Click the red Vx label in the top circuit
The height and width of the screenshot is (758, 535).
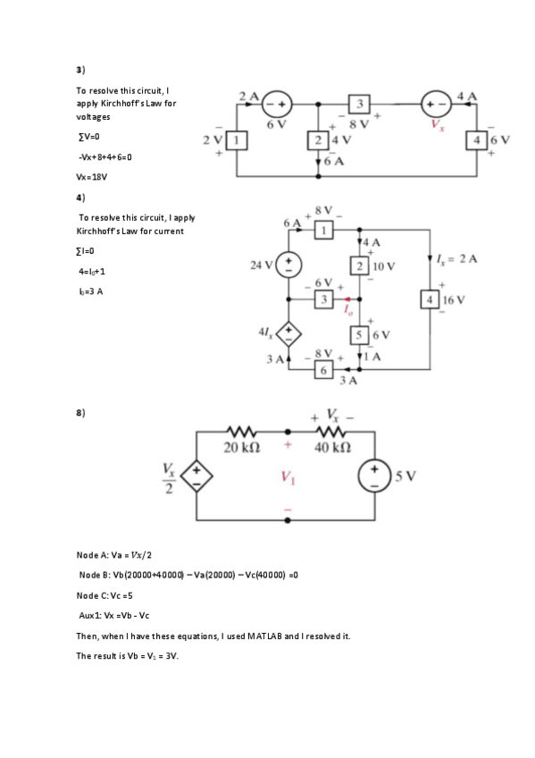coord(437,126)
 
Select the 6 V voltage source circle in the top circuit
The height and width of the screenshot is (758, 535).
coord(276,103)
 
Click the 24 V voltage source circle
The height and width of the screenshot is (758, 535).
coord(289,265)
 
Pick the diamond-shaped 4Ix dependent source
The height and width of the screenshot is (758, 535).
coord(289,335)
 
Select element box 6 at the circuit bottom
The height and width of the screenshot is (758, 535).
coord(323,368)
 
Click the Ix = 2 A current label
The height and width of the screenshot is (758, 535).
coord(461,259)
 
